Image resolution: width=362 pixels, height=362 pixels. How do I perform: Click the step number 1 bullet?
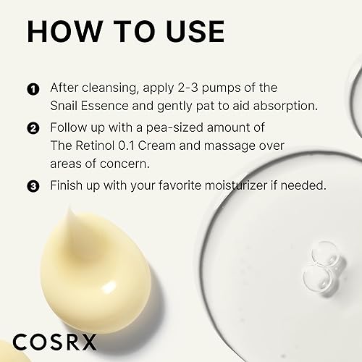pyautogui.click(x=33, y=88)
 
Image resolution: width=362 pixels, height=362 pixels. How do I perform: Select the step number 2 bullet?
pyautogui.click(x=33, y=129)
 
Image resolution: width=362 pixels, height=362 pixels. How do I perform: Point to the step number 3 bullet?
pyautogui.click(x=33, y=186)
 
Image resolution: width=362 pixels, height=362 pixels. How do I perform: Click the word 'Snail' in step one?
pyautogui.click(x=66, y=106)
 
